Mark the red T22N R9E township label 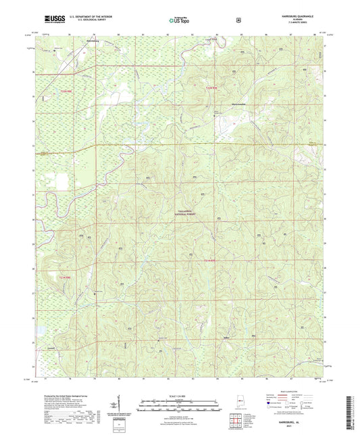coord(211,86)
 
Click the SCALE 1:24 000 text coord(180,396)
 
